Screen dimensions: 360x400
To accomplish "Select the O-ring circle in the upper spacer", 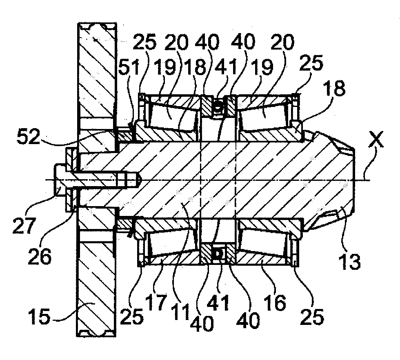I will (219, 108).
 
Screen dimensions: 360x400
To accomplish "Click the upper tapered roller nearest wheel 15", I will (167, 115).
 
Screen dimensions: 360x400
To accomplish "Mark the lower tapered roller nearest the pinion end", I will (265, 243).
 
